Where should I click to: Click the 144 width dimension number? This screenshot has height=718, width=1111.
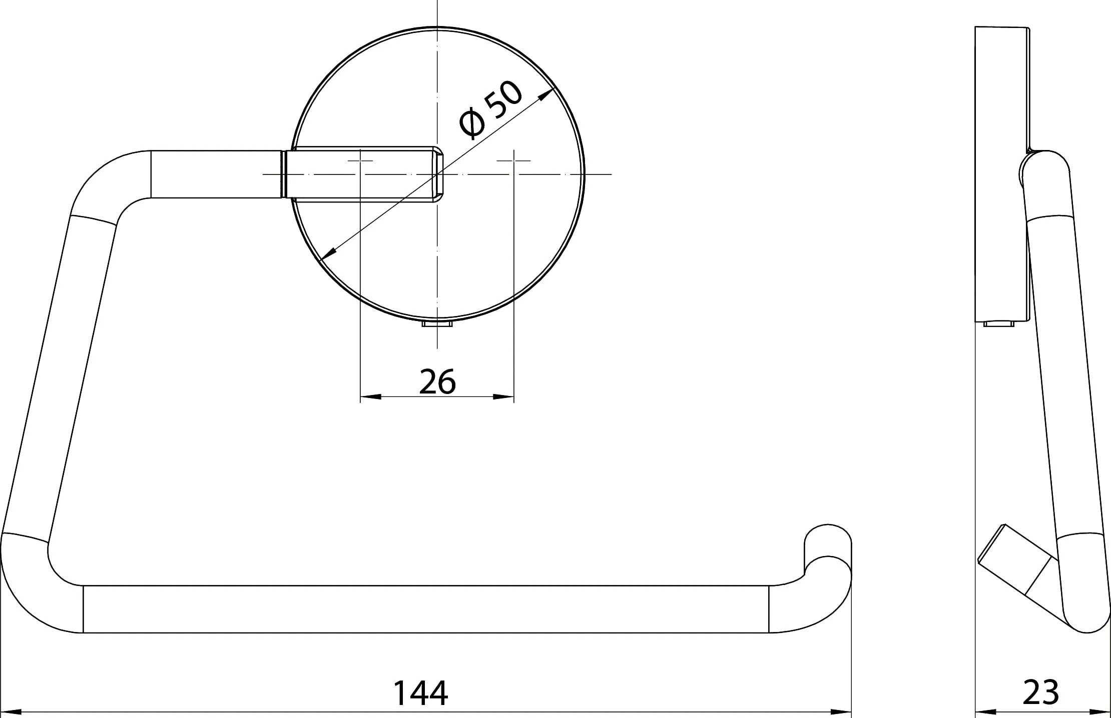point(420,692)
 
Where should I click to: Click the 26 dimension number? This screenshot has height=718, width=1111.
point(437,382)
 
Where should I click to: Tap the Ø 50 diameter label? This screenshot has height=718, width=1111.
point(490,109)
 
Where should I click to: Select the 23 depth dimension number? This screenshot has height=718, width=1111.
point(1041,692)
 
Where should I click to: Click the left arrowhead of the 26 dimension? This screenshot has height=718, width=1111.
point(371,397)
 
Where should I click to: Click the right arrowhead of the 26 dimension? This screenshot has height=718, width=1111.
point(503,397)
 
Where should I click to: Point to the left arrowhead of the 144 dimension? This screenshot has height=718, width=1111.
point(11,711)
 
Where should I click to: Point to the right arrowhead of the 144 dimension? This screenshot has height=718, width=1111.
point(841,711)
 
